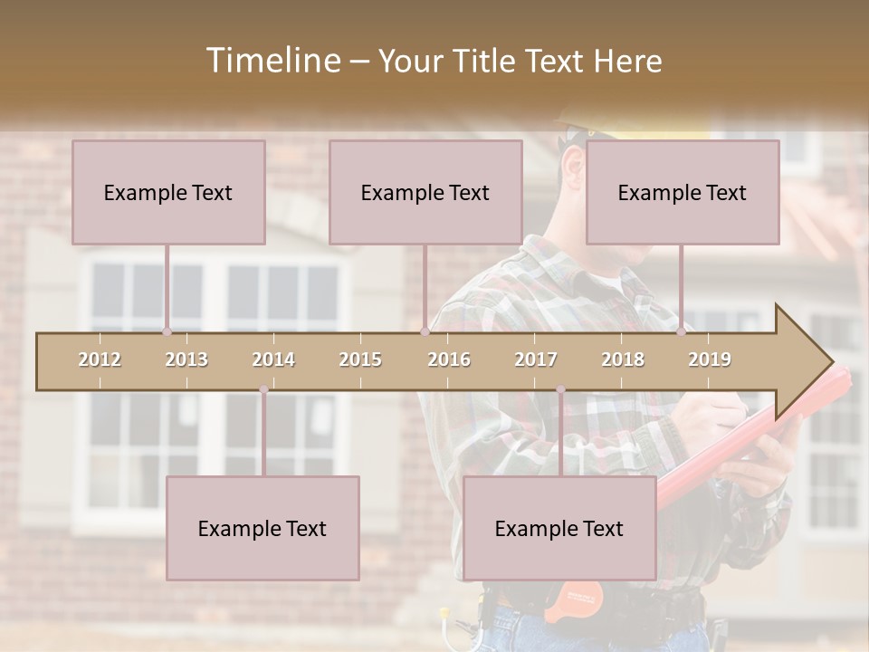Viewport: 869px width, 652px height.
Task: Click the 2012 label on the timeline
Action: [x=100, y=360]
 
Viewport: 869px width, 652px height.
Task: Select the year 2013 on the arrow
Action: [x=186, y=360]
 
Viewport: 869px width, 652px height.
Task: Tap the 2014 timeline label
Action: [x=273, y=360]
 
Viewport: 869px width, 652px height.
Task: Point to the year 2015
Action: [x=360, y=360]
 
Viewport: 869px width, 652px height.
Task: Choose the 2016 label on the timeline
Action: [x=449, y=360]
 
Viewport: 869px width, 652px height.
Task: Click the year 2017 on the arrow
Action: [x=536, y=360]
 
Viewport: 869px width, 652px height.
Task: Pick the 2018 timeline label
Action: [x=623, y=360]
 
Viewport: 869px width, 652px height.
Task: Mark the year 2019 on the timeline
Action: [x=710, y=360]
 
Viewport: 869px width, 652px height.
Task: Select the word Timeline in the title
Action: [x=272, y=61]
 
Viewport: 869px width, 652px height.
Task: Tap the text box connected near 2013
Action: [x=168, y=192]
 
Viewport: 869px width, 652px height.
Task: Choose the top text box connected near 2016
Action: [x=425, y=192]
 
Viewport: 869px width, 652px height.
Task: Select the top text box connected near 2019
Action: [x=683, y=192]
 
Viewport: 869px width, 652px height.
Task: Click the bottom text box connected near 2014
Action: [x=263, y=528]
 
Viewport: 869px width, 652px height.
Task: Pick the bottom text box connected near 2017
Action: [x=559, y=528]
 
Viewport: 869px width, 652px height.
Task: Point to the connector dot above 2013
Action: [x=167, y=331]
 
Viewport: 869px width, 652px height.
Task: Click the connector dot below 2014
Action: [x=263, y=389]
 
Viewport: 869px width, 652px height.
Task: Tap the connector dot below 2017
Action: [x=560, y=389]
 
